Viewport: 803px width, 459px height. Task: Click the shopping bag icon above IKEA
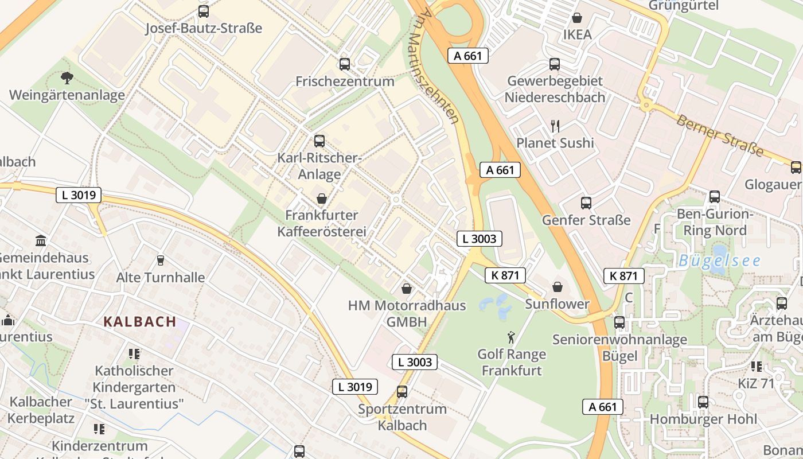576,18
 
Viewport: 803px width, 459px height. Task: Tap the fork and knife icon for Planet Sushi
555,126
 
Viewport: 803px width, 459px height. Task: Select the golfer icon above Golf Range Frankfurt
512,337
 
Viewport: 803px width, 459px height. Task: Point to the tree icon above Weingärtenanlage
67,78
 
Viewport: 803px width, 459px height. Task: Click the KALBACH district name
140,321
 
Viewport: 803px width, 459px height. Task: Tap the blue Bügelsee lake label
719,261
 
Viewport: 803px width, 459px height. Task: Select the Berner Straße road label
720,135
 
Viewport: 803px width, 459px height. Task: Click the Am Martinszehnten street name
439,66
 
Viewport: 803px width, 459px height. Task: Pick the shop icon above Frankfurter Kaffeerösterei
322,199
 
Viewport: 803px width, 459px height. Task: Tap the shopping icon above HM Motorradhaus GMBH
407,288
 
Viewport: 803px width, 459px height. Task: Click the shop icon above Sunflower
558,287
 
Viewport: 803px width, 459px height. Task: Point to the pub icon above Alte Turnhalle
160,260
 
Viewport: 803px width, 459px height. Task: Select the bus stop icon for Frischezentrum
345,64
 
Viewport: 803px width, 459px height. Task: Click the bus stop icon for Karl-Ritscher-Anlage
319,141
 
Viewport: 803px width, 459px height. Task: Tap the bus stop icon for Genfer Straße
586,203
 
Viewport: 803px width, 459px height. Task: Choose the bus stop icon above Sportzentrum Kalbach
402,392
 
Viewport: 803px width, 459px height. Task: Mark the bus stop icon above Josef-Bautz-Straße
204,11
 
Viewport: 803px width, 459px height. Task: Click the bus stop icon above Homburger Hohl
703,402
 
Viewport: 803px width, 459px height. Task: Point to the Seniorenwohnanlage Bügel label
619,348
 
